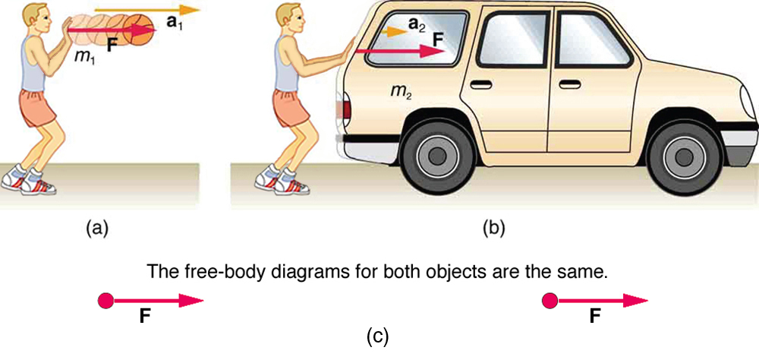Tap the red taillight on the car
[346, 109]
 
